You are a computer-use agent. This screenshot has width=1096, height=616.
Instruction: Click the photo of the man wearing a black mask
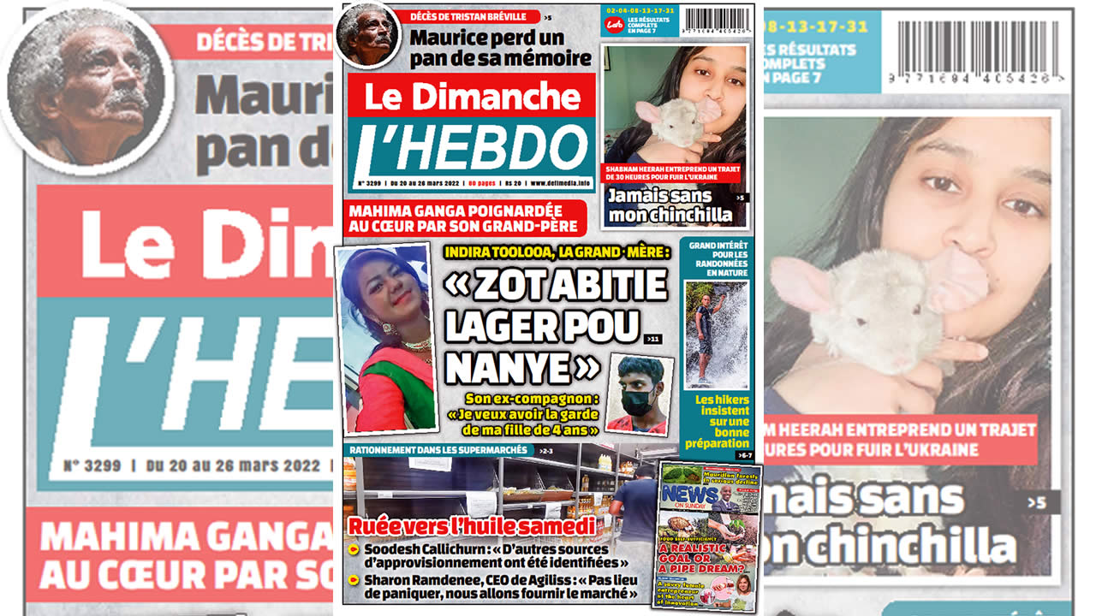click(x=640, y=394)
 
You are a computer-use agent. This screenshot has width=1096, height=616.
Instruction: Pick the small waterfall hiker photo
click(x=715, y=335)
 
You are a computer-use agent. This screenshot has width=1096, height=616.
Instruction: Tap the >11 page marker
click(x=654, y=340)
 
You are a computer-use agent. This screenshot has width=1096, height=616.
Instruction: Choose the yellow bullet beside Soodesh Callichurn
click(x=353, y=548)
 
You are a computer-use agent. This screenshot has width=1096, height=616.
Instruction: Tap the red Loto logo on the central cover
click(x=614, y=24)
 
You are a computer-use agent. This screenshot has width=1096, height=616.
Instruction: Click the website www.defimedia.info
click(x=560, y=183)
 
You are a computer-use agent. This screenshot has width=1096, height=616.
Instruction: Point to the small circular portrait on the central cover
click(x=367, y=33)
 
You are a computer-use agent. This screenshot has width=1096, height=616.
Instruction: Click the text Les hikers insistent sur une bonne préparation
click(x=722, y=421)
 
